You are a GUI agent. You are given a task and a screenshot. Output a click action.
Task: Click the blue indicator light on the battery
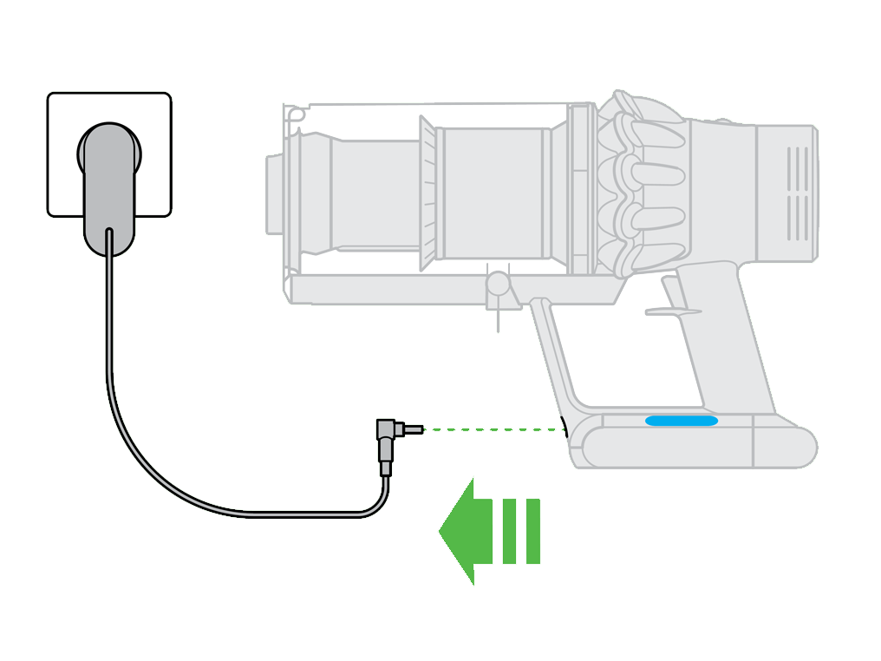pyautogui.click(x=681, y=421)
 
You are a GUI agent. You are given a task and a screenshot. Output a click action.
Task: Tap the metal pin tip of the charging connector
pyautogui.click(x=415, y=429)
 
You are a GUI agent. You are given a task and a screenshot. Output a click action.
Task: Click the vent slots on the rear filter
pyautogui.click(x=797, y=193)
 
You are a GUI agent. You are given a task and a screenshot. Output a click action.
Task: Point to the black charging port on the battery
pyautogui.click(x=564, y=429)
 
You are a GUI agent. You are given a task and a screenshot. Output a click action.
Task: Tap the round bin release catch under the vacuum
pyautogui.click(x=498, y=284)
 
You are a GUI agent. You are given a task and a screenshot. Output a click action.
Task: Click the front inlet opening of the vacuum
pyautogui.click(x=276, y=194)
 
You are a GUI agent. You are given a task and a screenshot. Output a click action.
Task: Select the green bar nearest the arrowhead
pyautogui.click(x=509, y=530)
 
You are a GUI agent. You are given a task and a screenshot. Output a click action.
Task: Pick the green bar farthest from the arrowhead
pyautogui.click(x=532, y=530)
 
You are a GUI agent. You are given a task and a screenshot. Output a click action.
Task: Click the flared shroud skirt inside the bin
pyautogui.click(x=427, y=193)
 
